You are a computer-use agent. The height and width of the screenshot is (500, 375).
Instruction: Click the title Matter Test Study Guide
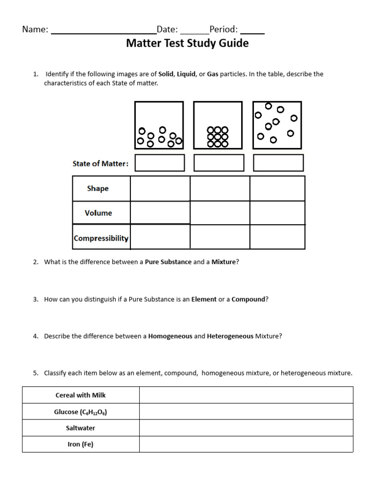click(187, 43)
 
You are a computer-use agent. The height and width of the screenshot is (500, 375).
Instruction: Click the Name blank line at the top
click(104, 30)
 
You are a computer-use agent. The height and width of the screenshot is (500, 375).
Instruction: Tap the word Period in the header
click(223, 29)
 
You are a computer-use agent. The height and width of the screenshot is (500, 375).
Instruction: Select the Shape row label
click(98, 188)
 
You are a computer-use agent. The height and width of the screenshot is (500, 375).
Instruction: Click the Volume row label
click(98, 213)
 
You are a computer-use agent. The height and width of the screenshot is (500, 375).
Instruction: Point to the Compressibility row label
click(101, 238)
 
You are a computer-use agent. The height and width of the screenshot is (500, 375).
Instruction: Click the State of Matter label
click(101, 164)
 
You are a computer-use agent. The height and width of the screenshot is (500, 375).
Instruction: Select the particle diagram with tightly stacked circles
click(218, 125)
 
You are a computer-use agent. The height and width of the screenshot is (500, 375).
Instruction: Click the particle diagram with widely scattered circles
click(277, 125)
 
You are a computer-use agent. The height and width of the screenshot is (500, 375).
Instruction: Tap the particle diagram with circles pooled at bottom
click(159, 125)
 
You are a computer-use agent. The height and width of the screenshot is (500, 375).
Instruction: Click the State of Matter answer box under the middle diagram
click(219, 163)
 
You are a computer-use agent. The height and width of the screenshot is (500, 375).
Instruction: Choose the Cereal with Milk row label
click(81, 395)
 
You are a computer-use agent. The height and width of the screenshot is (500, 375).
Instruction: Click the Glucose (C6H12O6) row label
click(81, 412)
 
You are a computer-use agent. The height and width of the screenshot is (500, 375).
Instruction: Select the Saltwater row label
click(81, 428)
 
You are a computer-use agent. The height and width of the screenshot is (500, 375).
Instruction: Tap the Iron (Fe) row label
click(81, 444)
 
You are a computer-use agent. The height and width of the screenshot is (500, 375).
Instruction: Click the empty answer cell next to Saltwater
click(246, 428)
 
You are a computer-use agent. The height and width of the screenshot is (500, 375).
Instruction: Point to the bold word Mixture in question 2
click(224, 262)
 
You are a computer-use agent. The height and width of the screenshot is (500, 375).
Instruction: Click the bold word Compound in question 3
click(248, 299)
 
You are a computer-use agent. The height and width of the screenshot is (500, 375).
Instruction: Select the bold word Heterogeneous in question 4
click(230, 336)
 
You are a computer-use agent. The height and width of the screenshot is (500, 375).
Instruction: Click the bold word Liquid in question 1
click(186, 74)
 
